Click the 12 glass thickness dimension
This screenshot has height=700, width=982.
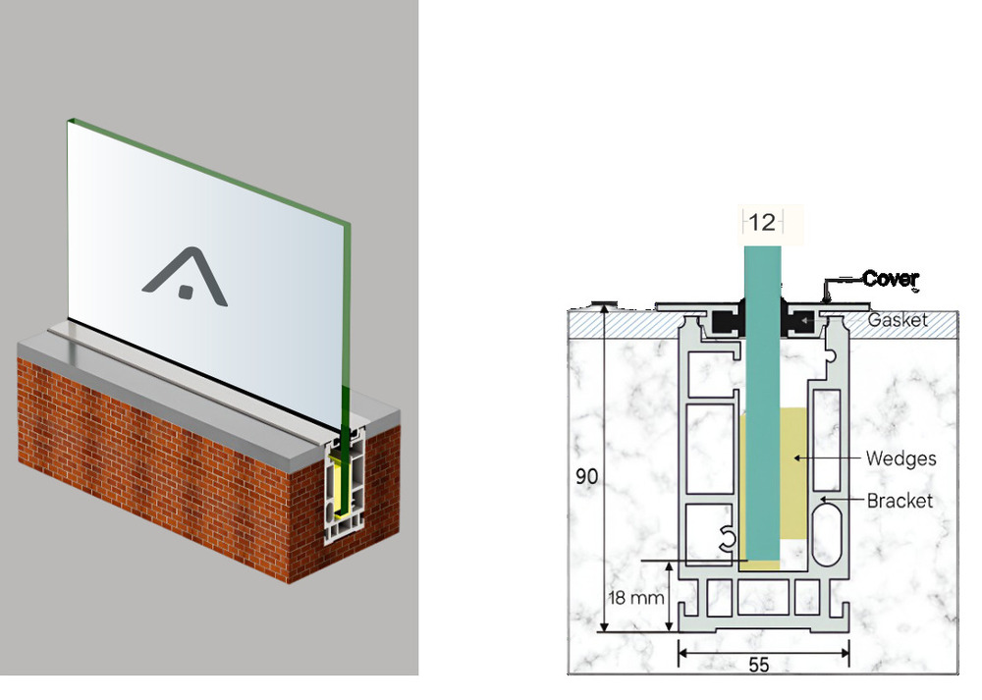pyautogui.click(x=762, y=222)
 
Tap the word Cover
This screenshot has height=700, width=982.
pyautogui.click(x=890, y=278)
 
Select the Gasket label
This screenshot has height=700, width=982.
pyautogui.click(x=897, y=320)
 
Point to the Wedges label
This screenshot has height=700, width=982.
pyautogui.click(x=900, y=458)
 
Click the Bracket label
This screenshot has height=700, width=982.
pyautogui.click(x=900, y=501)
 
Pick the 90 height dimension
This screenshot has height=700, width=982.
pyautogui.click(x=587, y=476)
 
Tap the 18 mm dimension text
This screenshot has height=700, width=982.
pyautogui.click(x=635, y=597)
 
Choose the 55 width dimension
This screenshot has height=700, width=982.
pyautogui.click(x=759, y=665)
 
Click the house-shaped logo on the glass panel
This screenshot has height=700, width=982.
pyautogui.click(x=185, y=277)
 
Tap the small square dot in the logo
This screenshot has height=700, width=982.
pyautogui.click(x=185, y=292)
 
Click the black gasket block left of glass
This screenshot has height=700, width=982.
pyautogui.click(x=727, y=321)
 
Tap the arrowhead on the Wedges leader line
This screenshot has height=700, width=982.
pyautogui.click(x=797, y=458)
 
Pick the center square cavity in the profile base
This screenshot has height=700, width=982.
pyautogui.click(x=763, y=597)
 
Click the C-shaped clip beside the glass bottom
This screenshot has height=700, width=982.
pyautogui.click(x=727, y=538)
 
